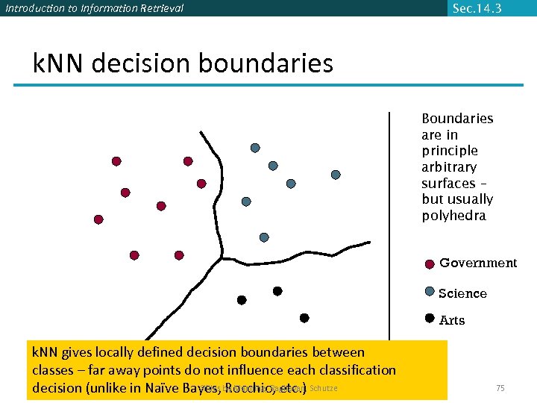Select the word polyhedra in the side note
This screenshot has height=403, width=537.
[x=453, y=216]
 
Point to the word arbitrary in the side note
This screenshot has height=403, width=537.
[x=449, y=167]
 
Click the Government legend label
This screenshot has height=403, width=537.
[x=478, y=263]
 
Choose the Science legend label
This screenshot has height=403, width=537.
[x=462, y=293]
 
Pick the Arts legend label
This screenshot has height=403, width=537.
[x=452, y=320]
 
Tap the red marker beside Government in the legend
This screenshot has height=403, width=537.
[x=430, y=264]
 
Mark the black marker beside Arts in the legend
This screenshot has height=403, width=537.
[x=430, y=318]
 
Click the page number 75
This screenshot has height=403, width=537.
[x=500, y=388]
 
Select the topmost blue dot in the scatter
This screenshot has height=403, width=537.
[x=255, y=148]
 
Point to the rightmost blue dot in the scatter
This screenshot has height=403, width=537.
[x=336, y=175]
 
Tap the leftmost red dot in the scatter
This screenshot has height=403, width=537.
[x=98, y=219]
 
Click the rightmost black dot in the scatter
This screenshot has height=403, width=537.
[x=304, y=318]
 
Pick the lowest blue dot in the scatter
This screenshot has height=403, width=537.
[x=264, y=237]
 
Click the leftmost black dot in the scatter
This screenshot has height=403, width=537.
[x=242, y=300]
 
